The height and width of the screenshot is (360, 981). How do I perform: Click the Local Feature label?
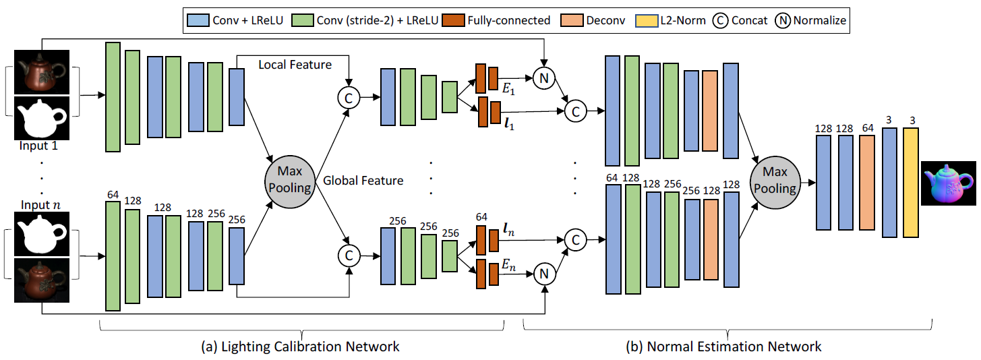pos(295,65)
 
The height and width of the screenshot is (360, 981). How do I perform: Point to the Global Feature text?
pos(363,181)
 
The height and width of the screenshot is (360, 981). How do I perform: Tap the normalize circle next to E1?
pos(543,78)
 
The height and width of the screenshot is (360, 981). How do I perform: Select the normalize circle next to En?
pos(543,273)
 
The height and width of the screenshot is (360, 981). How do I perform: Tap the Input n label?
pos(40,206)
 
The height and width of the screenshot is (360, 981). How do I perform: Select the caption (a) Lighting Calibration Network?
pos(300,347)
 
